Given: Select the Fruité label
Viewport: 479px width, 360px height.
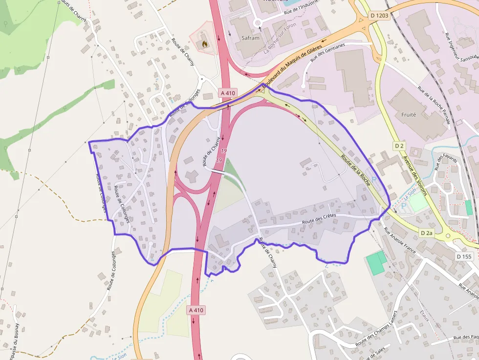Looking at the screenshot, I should tap(408, 115).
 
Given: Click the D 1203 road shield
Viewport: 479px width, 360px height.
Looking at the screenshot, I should tap(379, 16).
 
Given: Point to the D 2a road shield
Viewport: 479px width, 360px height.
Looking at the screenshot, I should tap(427, 233).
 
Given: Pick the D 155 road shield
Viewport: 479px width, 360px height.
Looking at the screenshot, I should tap(464, 256).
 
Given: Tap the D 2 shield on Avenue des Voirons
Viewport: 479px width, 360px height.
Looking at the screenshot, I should tap(399, 146).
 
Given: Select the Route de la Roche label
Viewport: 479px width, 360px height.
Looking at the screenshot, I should tap(356, 169).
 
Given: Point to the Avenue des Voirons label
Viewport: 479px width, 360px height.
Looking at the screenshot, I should tap(414, 175).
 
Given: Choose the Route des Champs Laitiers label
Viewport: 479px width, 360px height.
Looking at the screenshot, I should tap(375, 329).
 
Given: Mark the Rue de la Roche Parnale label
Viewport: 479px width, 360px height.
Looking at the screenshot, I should tap(434, 105).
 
